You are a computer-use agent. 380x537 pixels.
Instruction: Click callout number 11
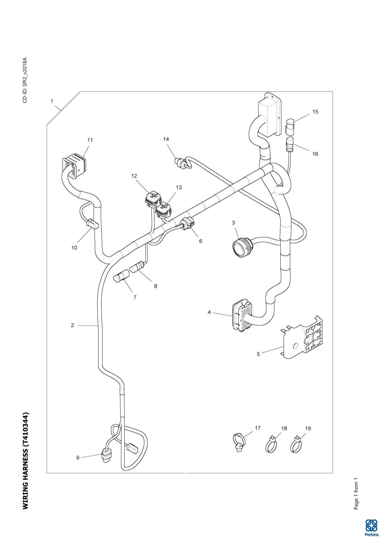point(90,140)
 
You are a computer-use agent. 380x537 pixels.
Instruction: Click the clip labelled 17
point(239,443)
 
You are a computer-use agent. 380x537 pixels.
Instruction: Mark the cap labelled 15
point(290,126)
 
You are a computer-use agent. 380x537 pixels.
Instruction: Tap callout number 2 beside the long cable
point(72,325)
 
